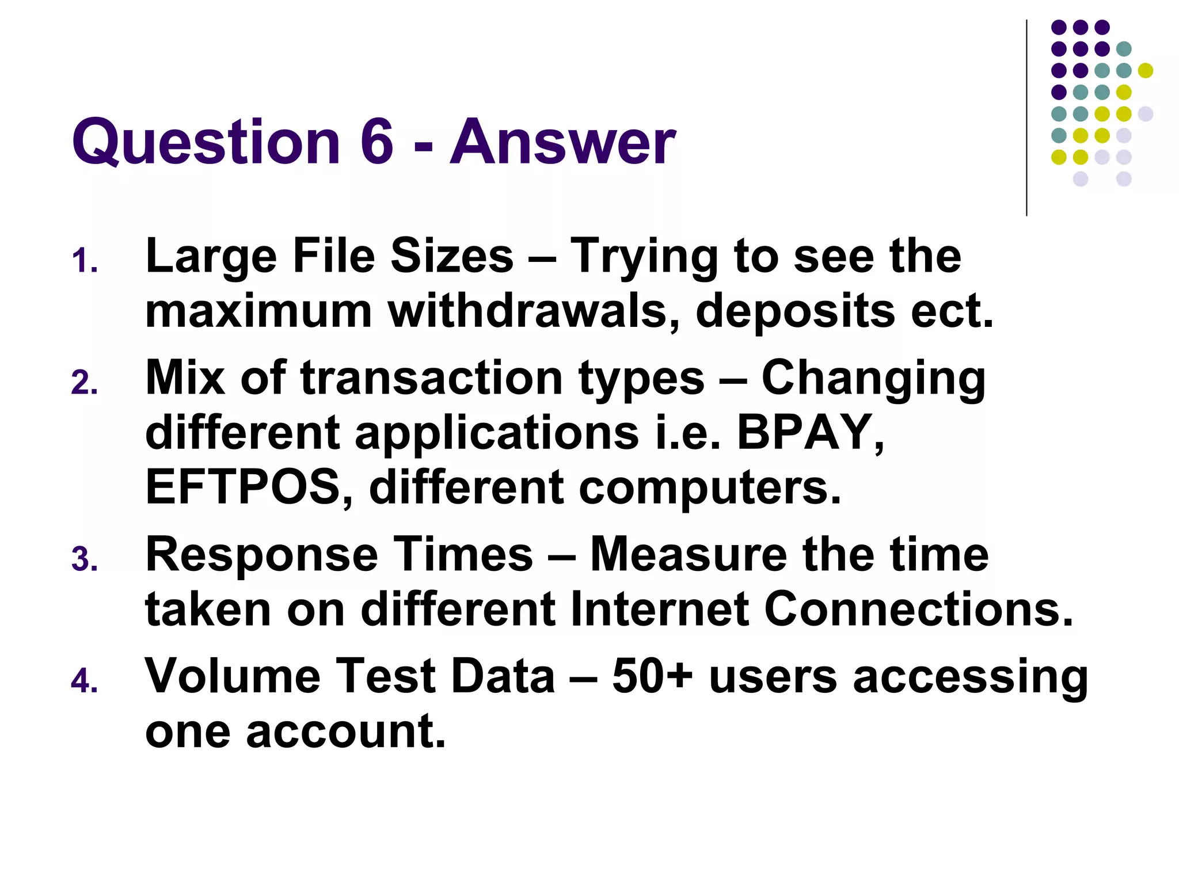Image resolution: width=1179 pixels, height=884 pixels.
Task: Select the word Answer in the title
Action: [562, 143]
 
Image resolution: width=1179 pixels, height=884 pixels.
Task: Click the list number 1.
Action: [84, 261]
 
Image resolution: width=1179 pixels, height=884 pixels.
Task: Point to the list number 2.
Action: [84, 383]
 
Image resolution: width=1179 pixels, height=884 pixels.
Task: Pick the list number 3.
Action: [84, 560]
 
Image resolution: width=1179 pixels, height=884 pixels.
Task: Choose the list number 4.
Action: [84, 681]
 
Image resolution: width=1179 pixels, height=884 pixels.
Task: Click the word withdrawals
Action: [533, 311]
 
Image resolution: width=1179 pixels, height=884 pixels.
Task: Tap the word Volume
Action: [233, 676]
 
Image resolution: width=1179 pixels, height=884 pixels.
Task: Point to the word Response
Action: [261, 555]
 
